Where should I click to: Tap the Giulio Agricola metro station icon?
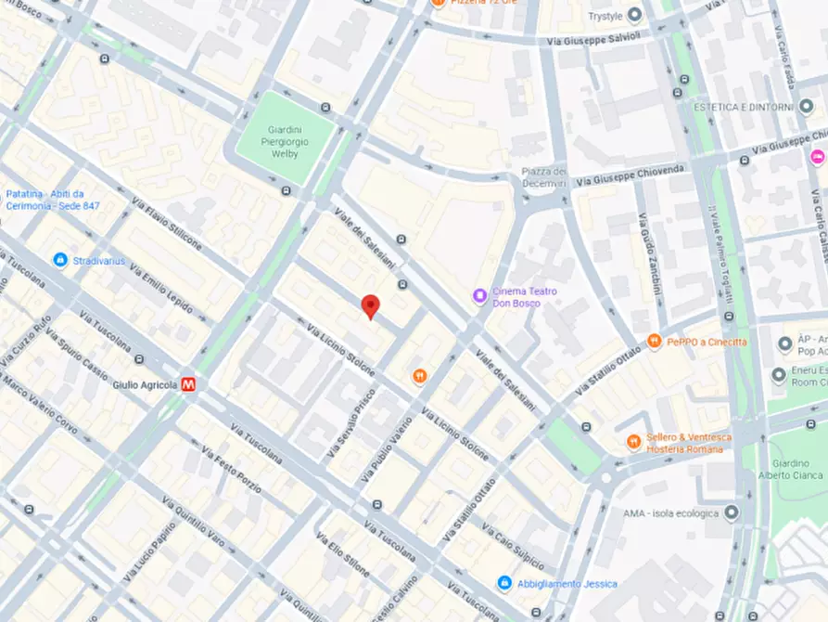click(x=189, y=383)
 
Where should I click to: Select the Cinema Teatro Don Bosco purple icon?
click(x=479, y=296)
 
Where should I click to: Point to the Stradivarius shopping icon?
click(x=60, y=261)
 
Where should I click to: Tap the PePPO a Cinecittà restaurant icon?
click(x=655, y=342)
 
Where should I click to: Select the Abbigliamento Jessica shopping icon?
click(x=503, y=583)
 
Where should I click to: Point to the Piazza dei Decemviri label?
click(x=543, y=177)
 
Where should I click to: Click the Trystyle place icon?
click(x=634, y=15)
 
